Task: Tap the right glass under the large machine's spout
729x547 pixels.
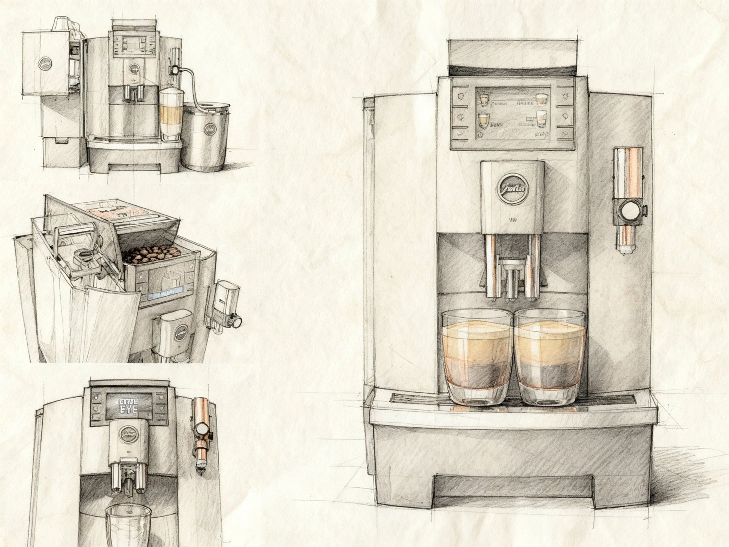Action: click(x=549, y=358)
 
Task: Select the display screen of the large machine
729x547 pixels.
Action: click(x=512, y=113)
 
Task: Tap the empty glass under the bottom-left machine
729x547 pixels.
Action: click(x=128, y=525)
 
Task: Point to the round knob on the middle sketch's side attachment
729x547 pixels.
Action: click(x=237, y=321)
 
